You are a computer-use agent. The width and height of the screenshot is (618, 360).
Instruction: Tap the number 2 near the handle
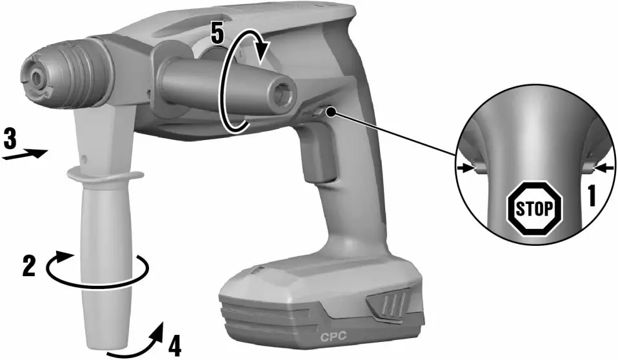coord(28,265)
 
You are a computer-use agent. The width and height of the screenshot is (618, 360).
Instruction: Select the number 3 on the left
coord(10,137)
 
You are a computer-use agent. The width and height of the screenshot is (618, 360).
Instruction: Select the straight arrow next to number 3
coord(26,154)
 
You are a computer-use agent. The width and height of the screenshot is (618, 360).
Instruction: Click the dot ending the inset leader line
coord(331,112)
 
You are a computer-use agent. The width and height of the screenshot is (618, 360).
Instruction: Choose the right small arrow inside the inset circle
coord(602,168)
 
